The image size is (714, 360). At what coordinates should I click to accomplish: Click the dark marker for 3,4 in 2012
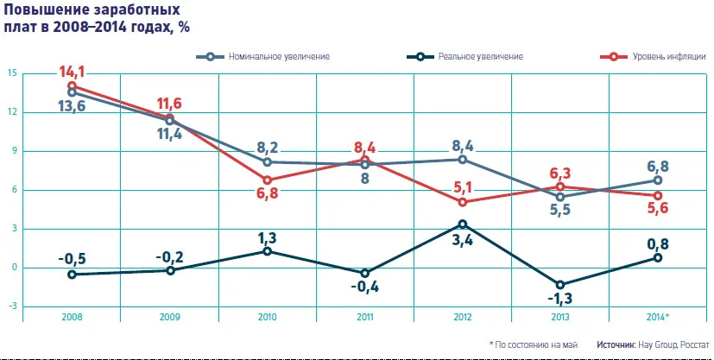pos(463,224)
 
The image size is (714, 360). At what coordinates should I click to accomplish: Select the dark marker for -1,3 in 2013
pos(560,285)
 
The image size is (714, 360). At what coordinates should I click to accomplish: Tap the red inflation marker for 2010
pos(268,180)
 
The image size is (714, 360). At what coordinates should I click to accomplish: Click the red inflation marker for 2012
pos(463,202)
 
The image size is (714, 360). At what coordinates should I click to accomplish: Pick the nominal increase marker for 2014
pos(658,180)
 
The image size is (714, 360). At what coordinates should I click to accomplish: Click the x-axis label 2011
pos(365,318)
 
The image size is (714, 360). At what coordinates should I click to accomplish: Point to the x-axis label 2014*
pos(658,318)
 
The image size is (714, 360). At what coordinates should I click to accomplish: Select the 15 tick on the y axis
pos(10,73)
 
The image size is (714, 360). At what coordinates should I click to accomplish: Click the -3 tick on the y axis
pos(10,306)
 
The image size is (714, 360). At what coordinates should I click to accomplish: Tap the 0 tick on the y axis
pos(12,268)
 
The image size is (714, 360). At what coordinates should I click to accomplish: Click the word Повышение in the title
pos(44,10)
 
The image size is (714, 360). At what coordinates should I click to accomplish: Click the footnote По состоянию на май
pos(535,344)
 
